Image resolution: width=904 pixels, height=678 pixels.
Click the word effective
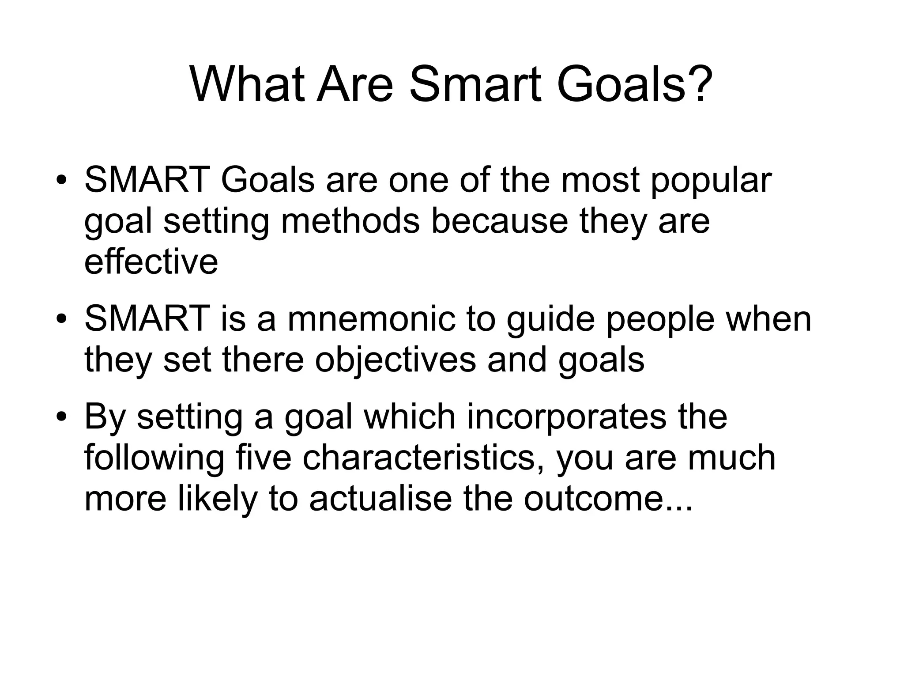click(x=151, y=261)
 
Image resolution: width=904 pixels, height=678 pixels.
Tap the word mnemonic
click(x=371, y=319)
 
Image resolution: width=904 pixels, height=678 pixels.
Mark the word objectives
click(x=395, y=360)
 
